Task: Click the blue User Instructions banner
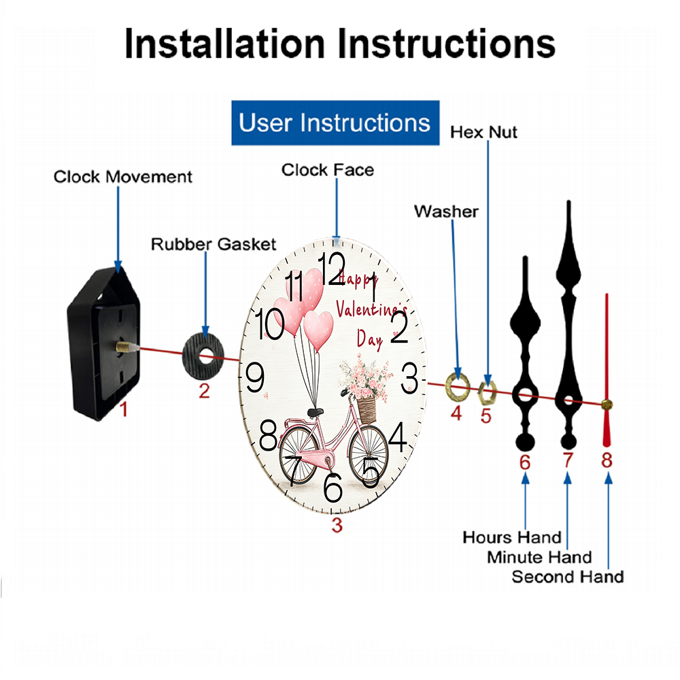[335, 123]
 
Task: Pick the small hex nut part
[487, 390]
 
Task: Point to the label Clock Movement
[123, 177]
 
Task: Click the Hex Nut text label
[483, 132]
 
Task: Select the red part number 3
[337, 524]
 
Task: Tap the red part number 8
[607, 460]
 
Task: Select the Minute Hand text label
[539, 558]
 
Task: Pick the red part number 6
[524, 462]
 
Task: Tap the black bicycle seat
[315, 411]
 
